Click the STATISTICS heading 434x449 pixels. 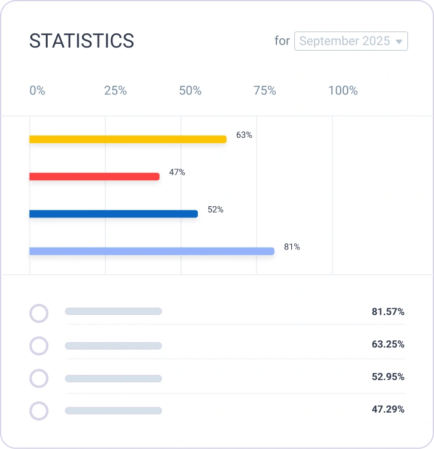click(82, 41)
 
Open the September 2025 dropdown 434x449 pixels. click(345, 41)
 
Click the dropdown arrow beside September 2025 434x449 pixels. click(399, 42)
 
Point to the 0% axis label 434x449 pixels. click(37, 91)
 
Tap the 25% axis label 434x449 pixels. click(115, 91)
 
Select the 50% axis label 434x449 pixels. click(190, 91)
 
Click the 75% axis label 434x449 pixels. click(265, 91)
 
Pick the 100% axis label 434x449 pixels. click(343, 91)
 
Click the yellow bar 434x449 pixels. click(127, 139)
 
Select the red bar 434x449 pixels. click(94, 177)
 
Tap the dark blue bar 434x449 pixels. click(113, 214)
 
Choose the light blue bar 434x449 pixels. click(151, 251)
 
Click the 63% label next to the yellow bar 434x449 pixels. click(244, 135)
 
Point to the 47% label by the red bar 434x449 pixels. click(177, 172)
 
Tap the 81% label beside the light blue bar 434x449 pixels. click(292, 247)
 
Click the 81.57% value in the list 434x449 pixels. click(388, 312)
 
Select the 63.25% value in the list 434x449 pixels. click(388, 344)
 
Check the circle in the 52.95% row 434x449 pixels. click(39, 378)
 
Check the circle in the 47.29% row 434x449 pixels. click(39, 411)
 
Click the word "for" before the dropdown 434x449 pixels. click(282, 41)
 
